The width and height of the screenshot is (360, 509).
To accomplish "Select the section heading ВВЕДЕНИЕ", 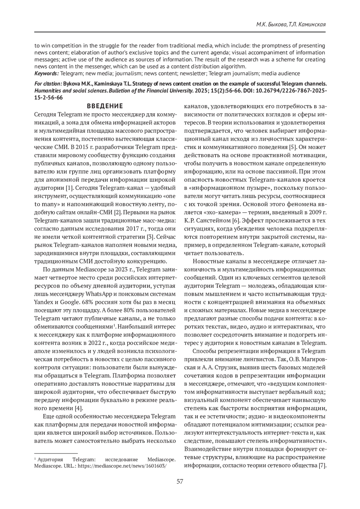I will pyautogui.click(x=105, y=106).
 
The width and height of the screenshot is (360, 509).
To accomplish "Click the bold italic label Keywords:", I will pyautogui.click(x=46, y=73).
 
